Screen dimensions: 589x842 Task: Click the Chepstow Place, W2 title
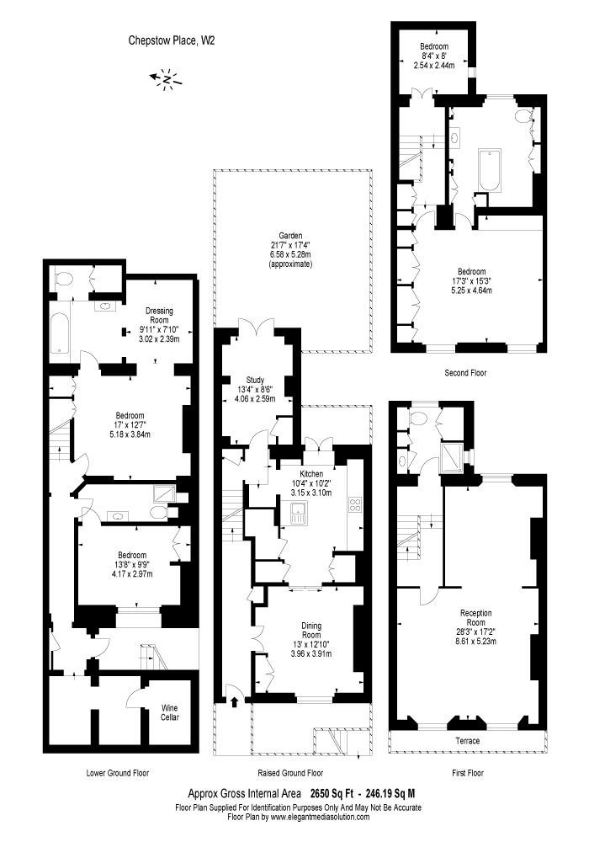pyautogui.click(x=172, y=40)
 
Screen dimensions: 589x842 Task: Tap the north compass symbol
pyautogui.click(x=167, y=80)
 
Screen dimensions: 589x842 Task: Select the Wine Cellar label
pyautogui.click(x=169, y=712)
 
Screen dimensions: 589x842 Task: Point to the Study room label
pyautogui.click(x=255, y=380)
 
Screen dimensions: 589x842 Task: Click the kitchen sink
pyautogui.click(x=298, y=514)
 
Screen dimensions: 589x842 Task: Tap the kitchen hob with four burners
pyautogui.click(x=355, y=504)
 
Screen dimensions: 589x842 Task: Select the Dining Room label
pyautogui.click(x=311, y=630)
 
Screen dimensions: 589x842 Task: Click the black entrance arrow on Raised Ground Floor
pyautogui.click(x=235, y=701)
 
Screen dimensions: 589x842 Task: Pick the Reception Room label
pyautogui.click(x=475, y=617)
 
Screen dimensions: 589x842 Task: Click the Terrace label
pyautogui.click(x=468, y=740)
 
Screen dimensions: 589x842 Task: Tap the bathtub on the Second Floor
pyautogui.click(x=490, y=170)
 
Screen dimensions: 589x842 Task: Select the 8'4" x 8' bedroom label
pyautogui.click(x=434, y=56)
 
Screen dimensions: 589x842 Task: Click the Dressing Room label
pyautogui.click(x=159, y=315)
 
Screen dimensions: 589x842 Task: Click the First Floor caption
pyautogui.click(x=468, y=773)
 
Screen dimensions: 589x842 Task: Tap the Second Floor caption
pyautogui.click(x=465, y=372)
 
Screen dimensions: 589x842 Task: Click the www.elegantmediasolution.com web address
pyautogui.click(x=320, y=817)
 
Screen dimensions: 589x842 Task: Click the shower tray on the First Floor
pyautogui.click(x=452, y=456)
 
